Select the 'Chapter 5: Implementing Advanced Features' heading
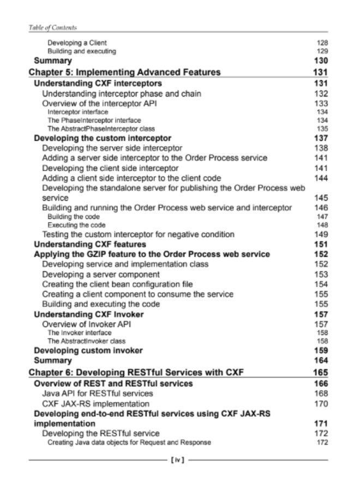[x=124, y=72]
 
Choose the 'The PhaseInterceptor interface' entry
[x=86, y=120]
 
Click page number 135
[x=322, y=129]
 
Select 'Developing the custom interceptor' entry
[x=103, y=138]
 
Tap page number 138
[x=321, y=148]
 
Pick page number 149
[x=321, y=235]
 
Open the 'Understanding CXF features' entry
[x=90, y=244]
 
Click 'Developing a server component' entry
[x=101, y=274]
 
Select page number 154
[x=321, y=284]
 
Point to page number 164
[x=321, y=361]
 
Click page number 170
[x=321, y=404]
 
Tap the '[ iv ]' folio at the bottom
[x=179, y=460]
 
